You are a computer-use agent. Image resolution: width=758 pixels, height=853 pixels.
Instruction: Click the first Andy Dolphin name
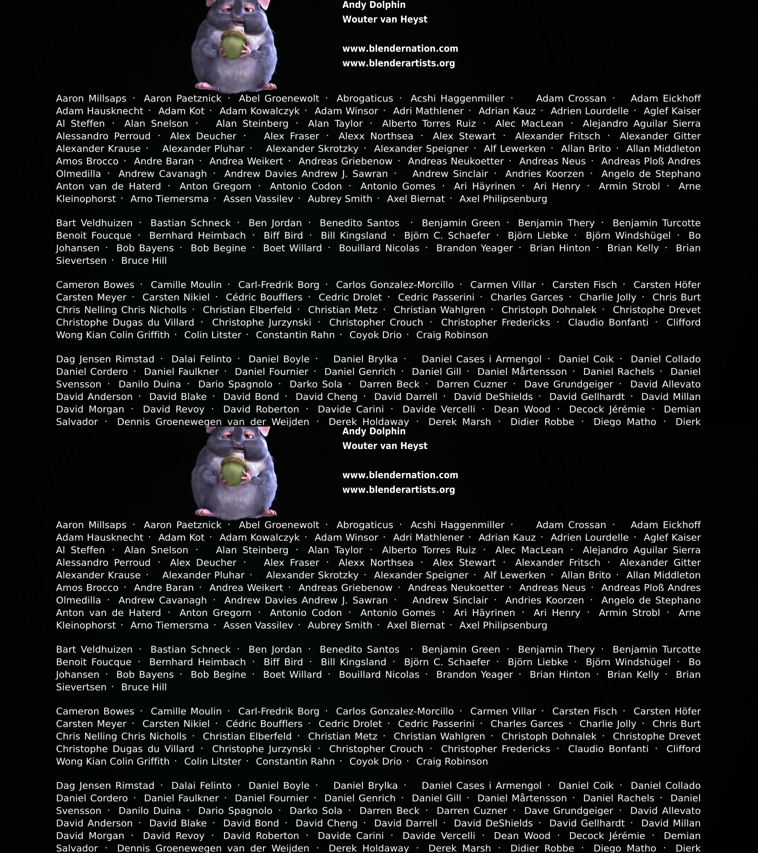tap(374, 5)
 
